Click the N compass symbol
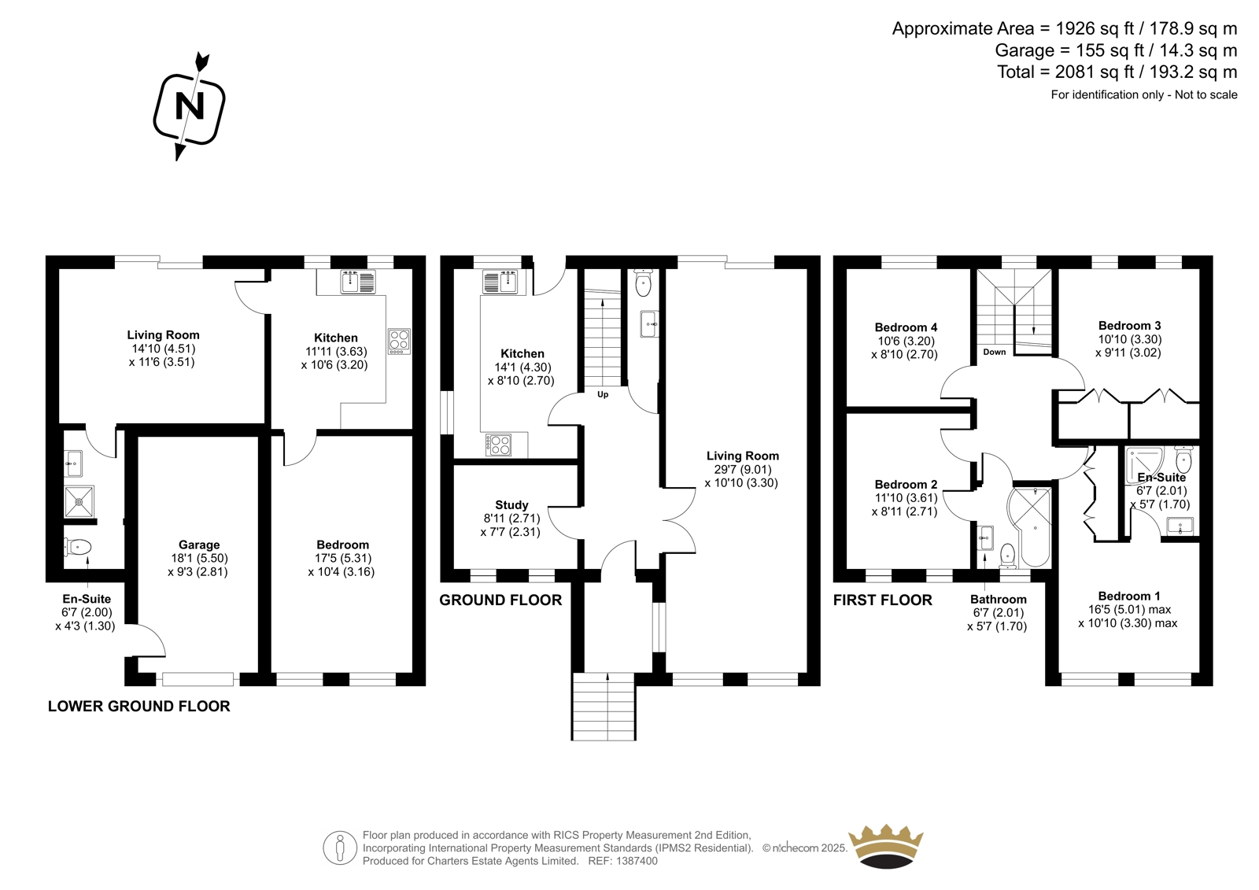coord(190,107)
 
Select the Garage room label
coord(199,545)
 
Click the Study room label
coord(511,505)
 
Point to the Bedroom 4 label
coord(906,327)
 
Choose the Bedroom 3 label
coord(1130,326)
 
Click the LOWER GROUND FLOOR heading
coord(138,707)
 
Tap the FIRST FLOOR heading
coord(882,600)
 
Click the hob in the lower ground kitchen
coord(399,342)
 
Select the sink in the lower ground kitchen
coord(358,281)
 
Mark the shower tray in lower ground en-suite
coord(79,502)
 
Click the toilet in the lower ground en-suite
coord(78,546)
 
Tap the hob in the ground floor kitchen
coord(499,445)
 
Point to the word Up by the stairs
coord(603,395)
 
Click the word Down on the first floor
coord(995,352)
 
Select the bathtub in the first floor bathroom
coord(1030,526)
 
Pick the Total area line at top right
coord(1117,72)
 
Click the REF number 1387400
coord(622,861)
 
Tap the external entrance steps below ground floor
coord(604,707)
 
